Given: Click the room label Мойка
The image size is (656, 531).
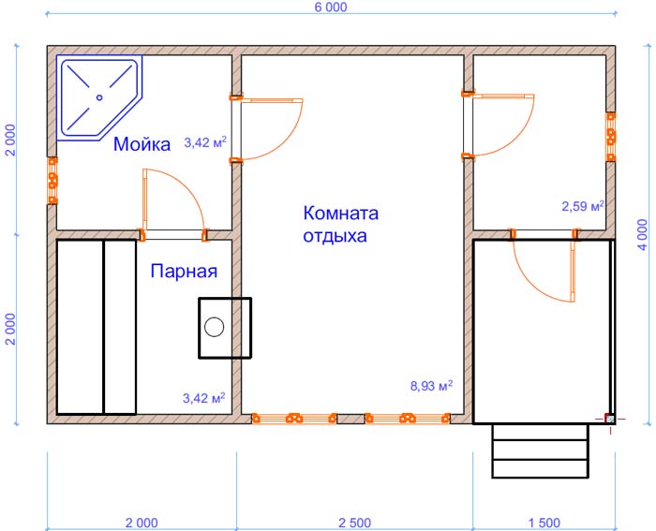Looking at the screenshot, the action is click(142, 144).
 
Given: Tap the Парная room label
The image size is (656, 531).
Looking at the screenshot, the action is click(184, 272).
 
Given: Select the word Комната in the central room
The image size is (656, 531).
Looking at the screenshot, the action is click(340, 214).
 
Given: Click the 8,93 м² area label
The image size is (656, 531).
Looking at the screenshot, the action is click(431, 386).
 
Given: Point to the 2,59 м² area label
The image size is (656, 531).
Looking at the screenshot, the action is click(583, 206).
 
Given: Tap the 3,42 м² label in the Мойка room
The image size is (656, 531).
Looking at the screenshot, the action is click(205, 142).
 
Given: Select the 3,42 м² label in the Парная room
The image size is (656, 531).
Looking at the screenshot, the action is click(203, 398).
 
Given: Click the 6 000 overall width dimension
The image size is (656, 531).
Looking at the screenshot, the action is click(331, 7).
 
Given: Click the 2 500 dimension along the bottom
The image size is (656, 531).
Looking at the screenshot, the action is click(355, 523).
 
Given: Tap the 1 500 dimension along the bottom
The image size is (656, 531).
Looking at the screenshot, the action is click(544, 523).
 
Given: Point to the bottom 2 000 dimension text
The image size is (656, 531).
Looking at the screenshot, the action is click(142, 523).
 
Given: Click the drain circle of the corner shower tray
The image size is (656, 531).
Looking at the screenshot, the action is click(99, 97).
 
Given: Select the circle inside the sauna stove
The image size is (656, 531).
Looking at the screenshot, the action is click(215, 327).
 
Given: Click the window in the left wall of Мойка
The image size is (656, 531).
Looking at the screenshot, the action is click(52, 181).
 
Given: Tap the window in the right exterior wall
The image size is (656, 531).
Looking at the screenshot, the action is click(611, 137).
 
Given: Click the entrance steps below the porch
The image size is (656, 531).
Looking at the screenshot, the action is click(540, 450).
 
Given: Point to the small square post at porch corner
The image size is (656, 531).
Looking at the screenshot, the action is click(610, 419).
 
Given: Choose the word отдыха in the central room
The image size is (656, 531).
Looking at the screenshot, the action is click(335, 236).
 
